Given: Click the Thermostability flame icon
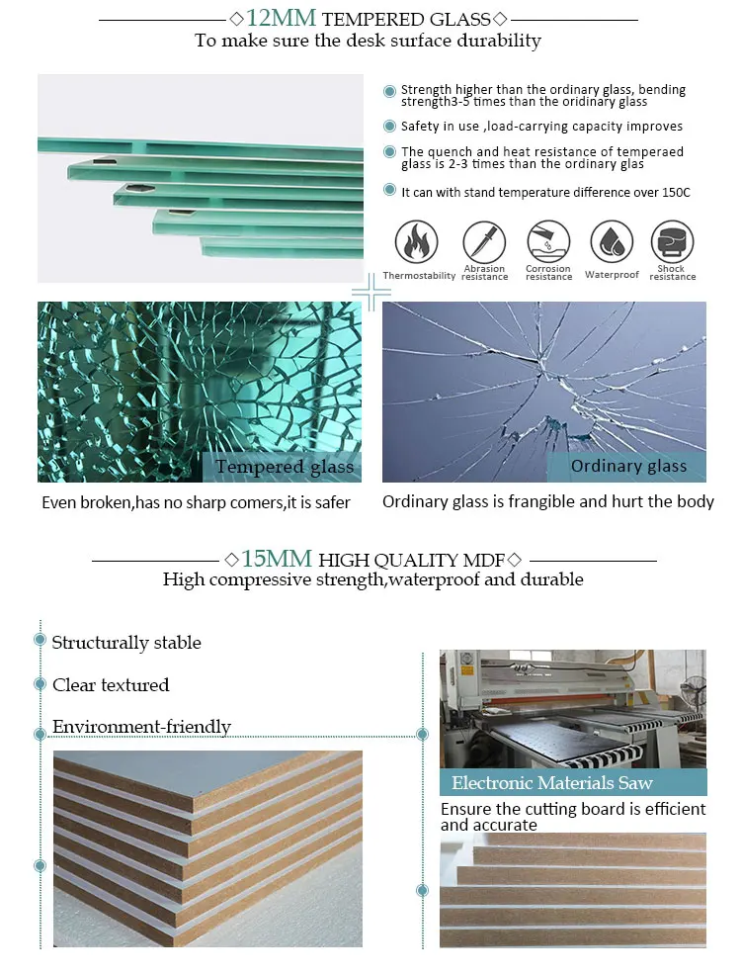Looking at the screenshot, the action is pos(416,241).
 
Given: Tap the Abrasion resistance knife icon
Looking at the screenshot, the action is pos(484,241).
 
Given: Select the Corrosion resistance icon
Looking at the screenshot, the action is pos(548,241).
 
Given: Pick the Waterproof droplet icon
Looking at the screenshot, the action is pos(612,241).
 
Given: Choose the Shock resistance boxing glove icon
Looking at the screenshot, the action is pos(672,241).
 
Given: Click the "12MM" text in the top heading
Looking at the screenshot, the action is pos(282,18).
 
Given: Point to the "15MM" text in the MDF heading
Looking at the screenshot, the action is pos(277,559).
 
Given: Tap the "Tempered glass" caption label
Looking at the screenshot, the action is pos(285,467).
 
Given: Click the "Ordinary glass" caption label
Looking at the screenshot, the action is pos(628,467).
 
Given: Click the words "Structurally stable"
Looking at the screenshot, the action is pos(126,643).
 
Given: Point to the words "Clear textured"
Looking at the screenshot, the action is pos(111,684).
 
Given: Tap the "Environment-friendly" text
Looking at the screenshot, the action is pos(141,726).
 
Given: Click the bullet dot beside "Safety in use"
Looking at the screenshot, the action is pos(389,127).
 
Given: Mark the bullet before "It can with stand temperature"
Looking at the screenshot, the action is pos(389,190).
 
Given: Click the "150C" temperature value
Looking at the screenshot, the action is pos(676,192).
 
